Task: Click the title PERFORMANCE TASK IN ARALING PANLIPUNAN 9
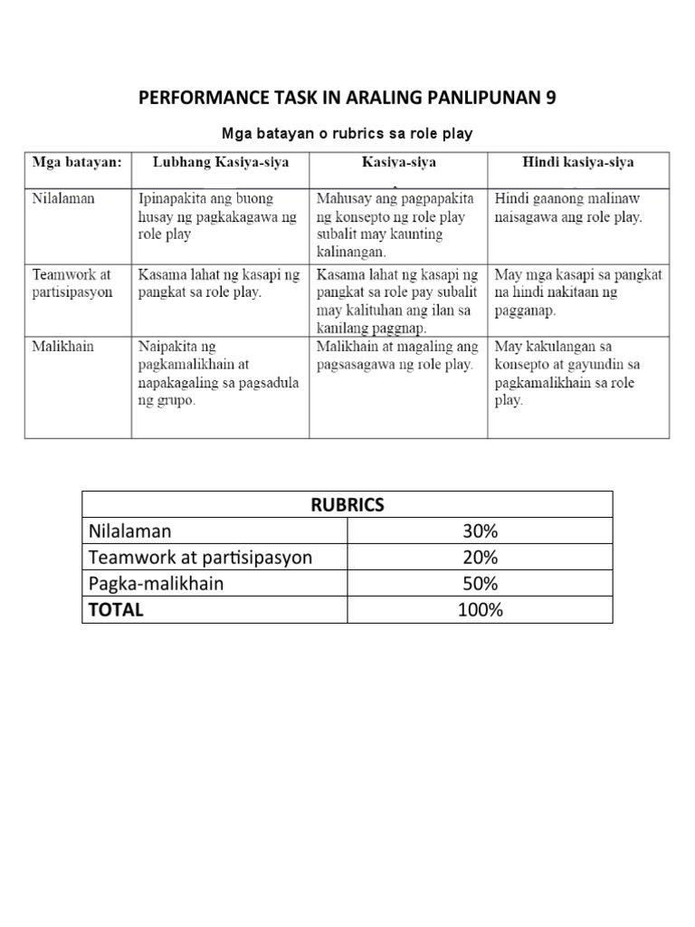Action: point(347,98)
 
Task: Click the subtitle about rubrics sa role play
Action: point(347,134)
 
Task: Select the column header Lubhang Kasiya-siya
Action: point(220,163)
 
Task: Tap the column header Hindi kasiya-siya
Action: point(577,163)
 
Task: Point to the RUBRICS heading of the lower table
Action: point(347,505)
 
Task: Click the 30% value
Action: point(479,530)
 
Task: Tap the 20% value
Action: point(479,557)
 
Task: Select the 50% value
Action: point(479,584)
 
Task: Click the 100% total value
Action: point(479,610)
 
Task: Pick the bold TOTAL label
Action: point(115,610)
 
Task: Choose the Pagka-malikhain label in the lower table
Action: point(156,584)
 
